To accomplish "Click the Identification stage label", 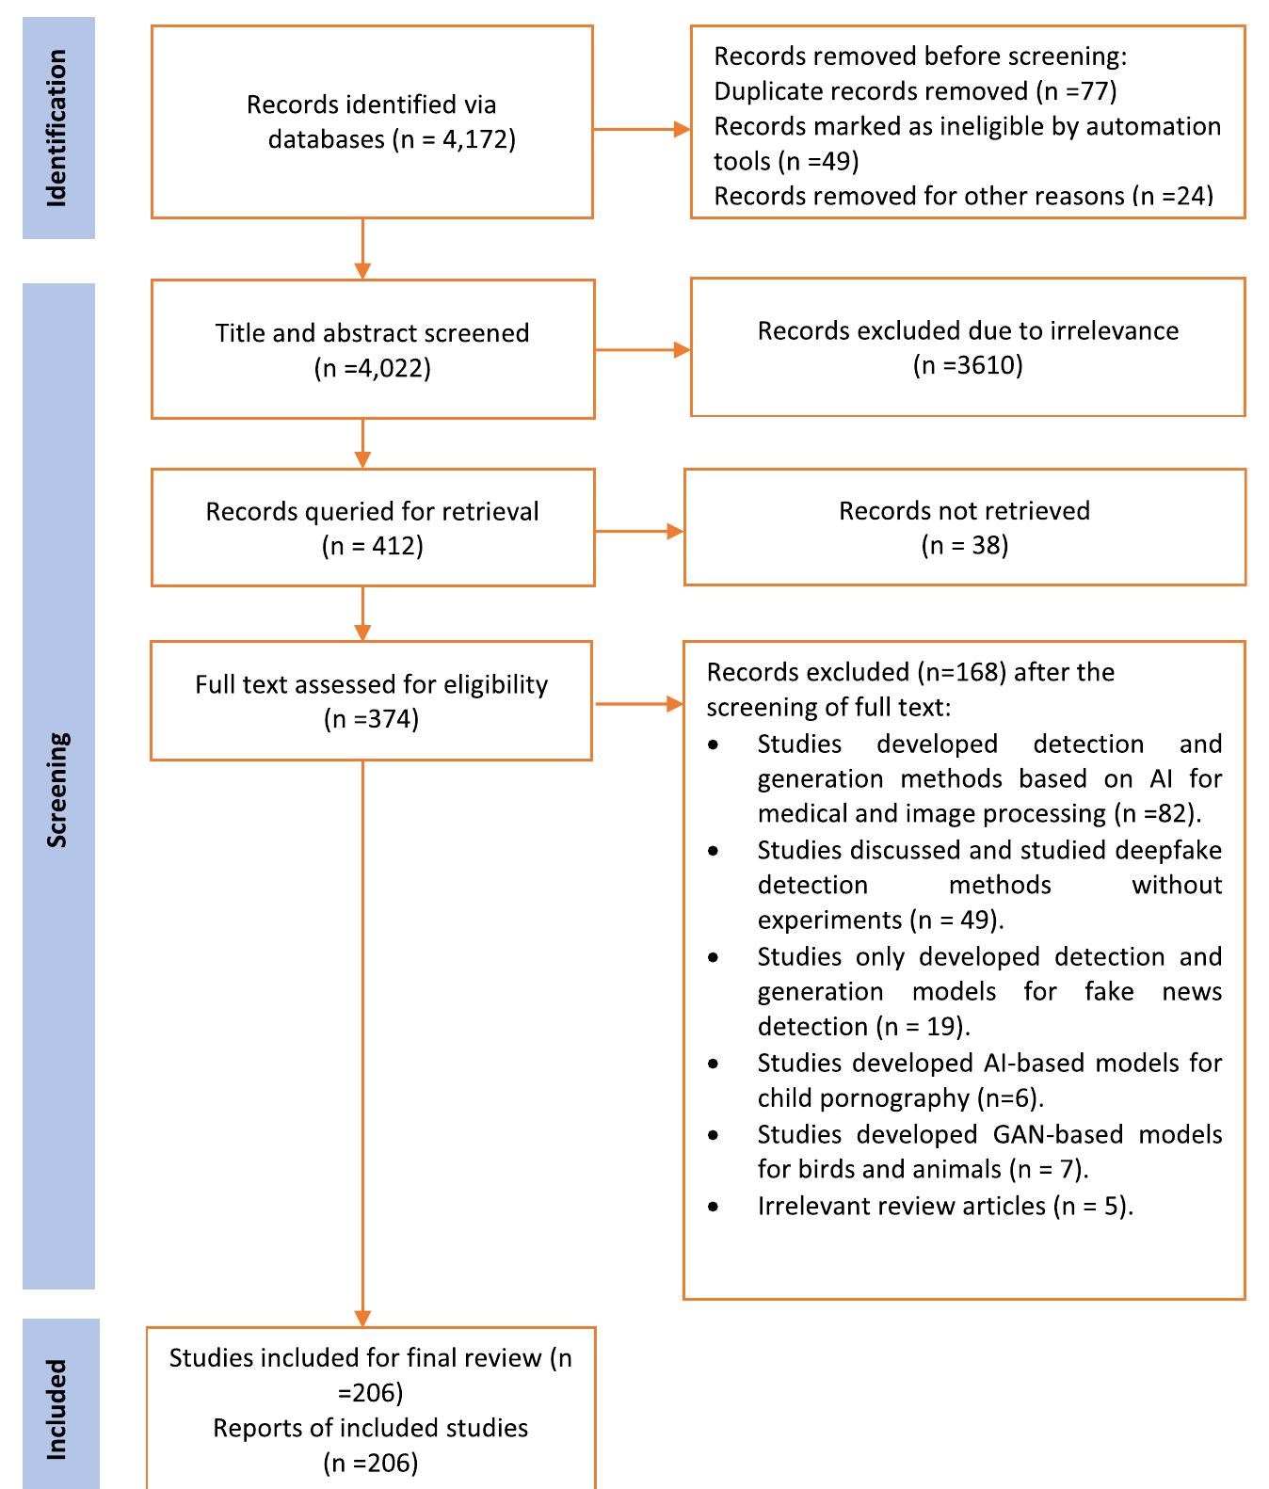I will point(57,128).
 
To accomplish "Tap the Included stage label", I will point(57,1409).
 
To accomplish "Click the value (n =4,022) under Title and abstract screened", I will point(373,368).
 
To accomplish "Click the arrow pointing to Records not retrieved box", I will point(639,532).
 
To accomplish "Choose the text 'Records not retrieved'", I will point(964,511).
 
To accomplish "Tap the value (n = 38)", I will point(964,545).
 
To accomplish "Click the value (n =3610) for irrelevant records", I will point(967,365).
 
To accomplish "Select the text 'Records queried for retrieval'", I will point(373,512).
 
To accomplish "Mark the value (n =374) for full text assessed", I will point(371,719).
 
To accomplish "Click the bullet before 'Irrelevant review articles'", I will point(715,1207).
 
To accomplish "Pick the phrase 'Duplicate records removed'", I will point(871,91).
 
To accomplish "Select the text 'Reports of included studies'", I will point(370,1428).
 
